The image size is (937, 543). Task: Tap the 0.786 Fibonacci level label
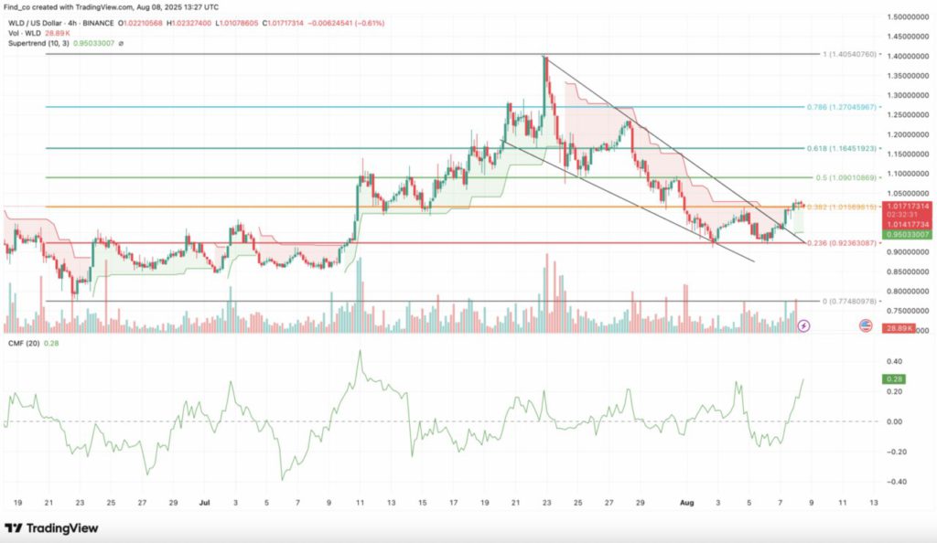tap(844, 107)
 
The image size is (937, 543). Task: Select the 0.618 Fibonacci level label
tap(844, 147)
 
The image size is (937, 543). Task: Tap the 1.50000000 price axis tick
tap(910, 17)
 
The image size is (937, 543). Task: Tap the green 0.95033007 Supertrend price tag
tap(906, 234)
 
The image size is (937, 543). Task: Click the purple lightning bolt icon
tap(803, 325)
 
